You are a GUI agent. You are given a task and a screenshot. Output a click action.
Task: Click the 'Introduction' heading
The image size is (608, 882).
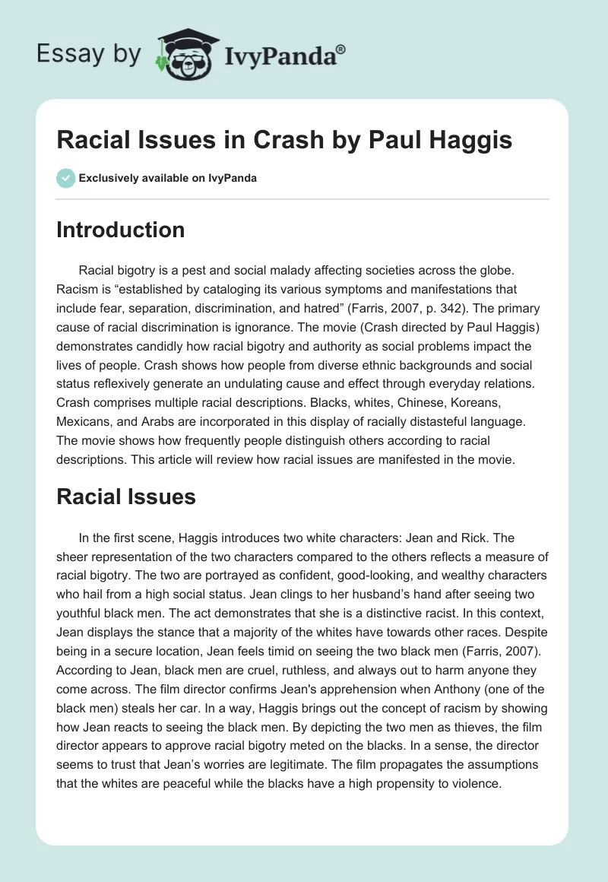click(x=120, y=230)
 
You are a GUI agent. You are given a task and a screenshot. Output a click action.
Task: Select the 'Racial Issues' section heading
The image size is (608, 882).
click(x=125, y=497)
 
